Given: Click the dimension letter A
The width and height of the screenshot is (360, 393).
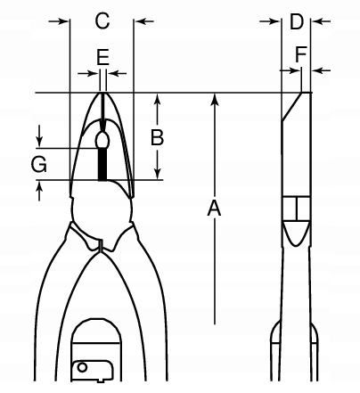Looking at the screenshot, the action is click(x=214, y=209).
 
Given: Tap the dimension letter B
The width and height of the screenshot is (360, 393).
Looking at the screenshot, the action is click(x=157, y=137).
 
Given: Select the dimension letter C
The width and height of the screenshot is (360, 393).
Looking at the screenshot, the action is click(x=102, y=20).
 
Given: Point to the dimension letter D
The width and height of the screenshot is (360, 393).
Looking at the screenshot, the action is click(x=297, y=21).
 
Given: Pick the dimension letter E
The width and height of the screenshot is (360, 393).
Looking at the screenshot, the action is click(x=102, y=57).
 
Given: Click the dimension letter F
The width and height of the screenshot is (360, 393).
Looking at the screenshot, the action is click(x=301, y=54).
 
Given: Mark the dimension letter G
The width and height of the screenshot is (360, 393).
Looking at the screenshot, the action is click(x=39, y=164).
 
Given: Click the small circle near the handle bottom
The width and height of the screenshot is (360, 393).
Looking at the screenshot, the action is click(x=82, y=367).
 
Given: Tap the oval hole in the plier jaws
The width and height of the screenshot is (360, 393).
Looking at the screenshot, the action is click(x=102, y=140).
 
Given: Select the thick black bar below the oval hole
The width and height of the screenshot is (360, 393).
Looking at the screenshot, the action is click(x=102, y=164).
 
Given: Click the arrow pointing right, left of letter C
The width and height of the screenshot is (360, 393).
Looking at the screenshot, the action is click(x=59, y=21).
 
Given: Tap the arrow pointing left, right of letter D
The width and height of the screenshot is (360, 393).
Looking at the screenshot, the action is click(x=321, y=21).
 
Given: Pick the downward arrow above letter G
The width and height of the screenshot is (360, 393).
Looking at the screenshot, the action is click(x=39, y=136).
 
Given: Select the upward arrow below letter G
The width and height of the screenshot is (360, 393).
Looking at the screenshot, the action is click(x=39, y=191).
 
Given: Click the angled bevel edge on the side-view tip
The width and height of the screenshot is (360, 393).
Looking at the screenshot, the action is click(x=291, y=107).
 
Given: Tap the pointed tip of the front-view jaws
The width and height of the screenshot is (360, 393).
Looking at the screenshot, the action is click(x=102, y=94).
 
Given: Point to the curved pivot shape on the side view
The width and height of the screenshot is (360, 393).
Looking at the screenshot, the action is click(x=296, y=233).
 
